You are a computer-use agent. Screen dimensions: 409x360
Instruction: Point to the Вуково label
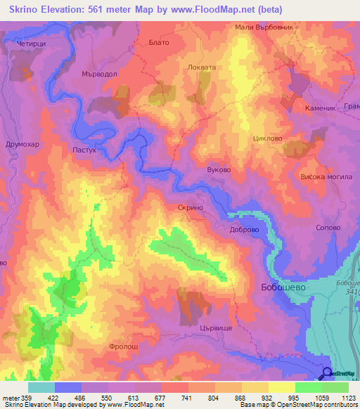[219, 170]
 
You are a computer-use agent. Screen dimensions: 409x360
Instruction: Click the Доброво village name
[245, 229]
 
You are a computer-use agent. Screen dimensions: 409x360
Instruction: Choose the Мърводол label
[99, 72]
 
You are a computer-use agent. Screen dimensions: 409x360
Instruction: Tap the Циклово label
[267, 138]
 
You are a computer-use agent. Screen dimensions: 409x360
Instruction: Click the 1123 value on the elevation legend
[347, 397]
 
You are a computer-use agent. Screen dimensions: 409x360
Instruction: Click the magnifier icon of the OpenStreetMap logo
[327, 373]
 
